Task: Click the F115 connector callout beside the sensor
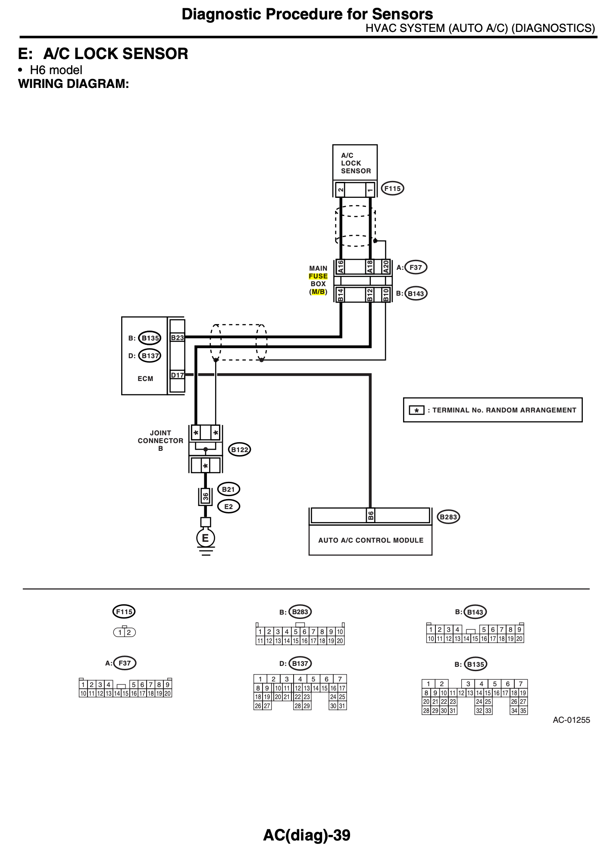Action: click(392, 188)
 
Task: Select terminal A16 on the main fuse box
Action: click(341, 267)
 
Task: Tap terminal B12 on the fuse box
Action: click(369, 294)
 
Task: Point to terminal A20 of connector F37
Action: click(386, 267)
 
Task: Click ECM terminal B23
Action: click(177, 337)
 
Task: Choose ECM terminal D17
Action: click(177, 375)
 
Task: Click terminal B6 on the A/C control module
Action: click(370, 515)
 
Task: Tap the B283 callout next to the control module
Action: click(448, 517)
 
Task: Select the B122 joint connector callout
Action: click(240, 450)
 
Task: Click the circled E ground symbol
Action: click(205, 538)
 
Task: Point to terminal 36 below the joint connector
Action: click(206, 497)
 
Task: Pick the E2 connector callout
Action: click(228, 506)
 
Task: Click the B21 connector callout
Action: click(228, 489)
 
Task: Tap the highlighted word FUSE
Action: click(318, 276)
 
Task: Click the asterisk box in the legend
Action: click(416, 410)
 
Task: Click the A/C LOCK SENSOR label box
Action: click(355, 163)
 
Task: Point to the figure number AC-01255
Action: click(571, 720)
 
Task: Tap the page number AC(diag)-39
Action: click(307, 835)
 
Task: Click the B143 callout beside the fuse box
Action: click(416, 294)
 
